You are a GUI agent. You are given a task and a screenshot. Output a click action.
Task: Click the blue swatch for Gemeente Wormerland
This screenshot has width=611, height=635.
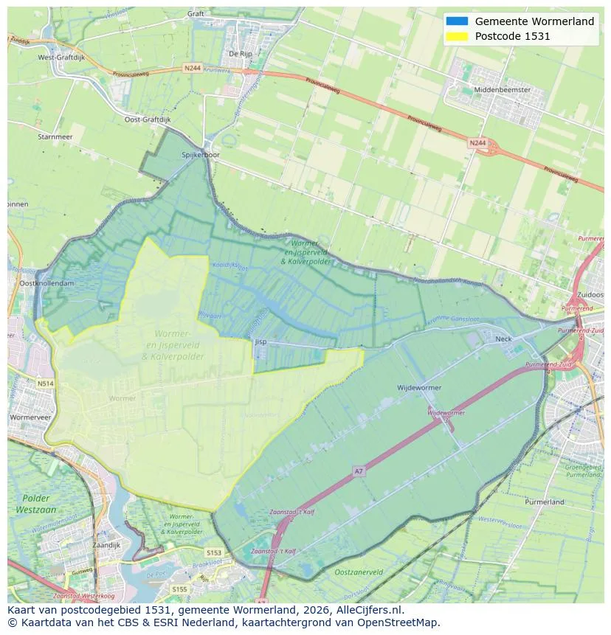(458, 21)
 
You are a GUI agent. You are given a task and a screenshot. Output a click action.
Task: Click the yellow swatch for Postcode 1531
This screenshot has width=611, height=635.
(458, 36)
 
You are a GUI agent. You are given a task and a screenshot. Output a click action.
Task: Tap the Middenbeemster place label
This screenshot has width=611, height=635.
(502, 89)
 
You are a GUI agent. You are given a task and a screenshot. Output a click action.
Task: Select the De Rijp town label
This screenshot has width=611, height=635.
(241, 53)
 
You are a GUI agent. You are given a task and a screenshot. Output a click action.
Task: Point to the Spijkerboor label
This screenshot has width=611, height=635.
(201, 155)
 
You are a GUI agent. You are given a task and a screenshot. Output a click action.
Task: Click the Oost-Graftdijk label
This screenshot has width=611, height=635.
(147, 119)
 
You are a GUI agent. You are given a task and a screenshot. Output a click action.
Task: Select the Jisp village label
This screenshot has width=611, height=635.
(260, 341)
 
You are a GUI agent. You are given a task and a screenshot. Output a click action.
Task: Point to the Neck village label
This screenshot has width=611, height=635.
(503, 339)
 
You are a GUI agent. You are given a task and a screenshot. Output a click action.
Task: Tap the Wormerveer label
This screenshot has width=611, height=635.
(30, 417)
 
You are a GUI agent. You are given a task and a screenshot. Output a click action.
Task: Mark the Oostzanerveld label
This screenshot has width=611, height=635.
(359, 572)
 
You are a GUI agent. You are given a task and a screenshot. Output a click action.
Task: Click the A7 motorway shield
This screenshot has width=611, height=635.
(359, 471)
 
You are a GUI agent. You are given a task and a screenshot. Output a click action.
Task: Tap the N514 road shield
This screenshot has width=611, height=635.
(46, 383)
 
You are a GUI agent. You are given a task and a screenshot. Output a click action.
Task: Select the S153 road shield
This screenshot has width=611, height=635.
(214, 552)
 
